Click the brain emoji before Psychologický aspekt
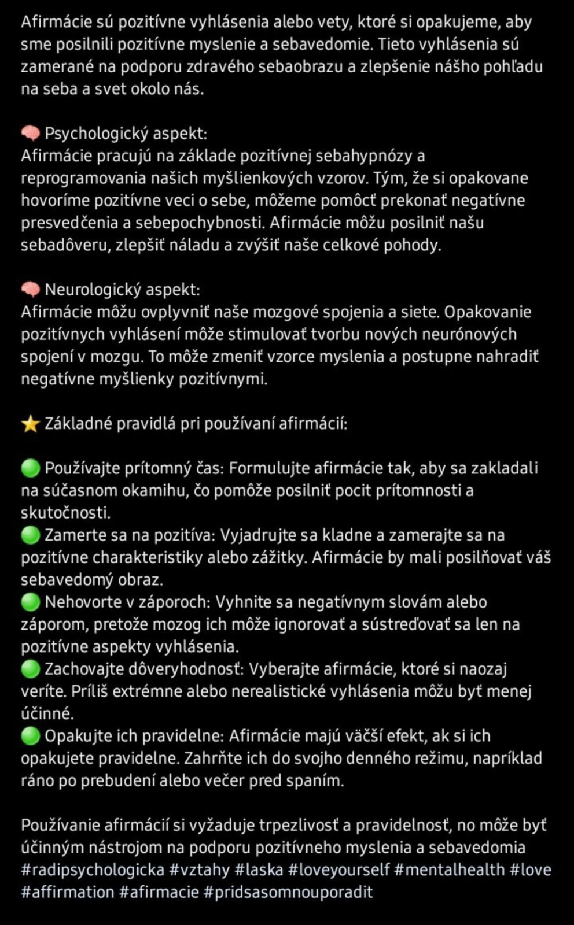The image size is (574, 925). pos(30,134)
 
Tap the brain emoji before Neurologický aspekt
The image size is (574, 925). pos(30,290)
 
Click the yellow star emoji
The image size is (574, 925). pos(30,424)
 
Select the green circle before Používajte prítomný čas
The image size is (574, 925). pos(30,469)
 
